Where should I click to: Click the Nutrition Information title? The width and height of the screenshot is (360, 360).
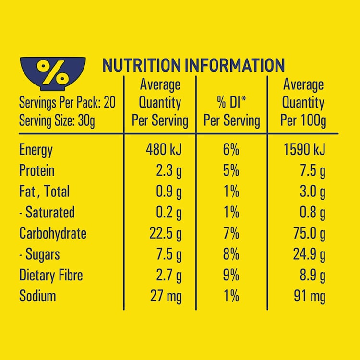193,66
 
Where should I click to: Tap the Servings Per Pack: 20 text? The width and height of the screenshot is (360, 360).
67,103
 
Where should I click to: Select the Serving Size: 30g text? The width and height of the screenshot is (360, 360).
57,120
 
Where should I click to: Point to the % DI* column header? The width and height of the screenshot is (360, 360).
232,111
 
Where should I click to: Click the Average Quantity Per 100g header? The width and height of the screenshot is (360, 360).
303,103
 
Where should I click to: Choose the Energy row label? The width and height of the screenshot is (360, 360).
36,150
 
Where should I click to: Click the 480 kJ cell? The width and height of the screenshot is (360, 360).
163,150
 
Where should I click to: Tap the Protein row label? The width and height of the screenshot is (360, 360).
37,170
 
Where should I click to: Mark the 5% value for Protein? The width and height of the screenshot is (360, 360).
231,170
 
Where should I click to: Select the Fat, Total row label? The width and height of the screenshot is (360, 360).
44,192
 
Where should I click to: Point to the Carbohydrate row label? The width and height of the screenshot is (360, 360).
53,233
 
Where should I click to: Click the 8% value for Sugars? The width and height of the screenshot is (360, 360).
231,254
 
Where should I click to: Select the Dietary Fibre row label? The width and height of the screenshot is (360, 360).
51,275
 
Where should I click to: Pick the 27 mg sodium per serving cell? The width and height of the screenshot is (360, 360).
166,296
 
